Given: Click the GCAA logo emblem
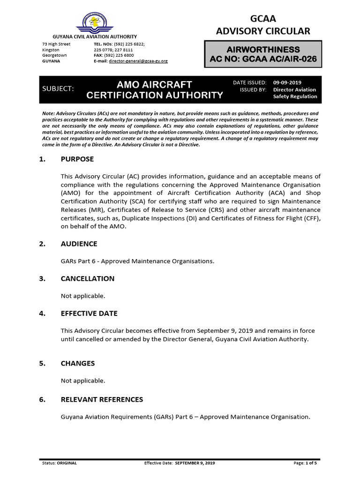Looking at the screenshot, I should pyautogui.click(x=95, y=22).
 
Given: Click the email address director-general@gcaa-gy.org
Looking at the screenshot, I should pyautogui.click(x=138, y=61).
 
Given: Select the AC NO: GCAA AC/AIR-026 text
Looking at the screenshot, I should pyautogui.click(x=263, y=59).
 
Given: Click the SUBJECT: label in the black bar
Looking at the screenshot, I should pyautogui.click(x=58, y=89).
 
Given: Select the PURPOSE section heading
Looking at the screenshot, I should pyautogui.click(x=77, y=159).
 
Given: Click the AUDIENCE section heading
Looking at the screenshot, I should pyautogui.click(x=79, y=244).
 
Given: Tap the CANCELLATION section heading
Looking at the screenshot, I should pyautogui.click(x=87, y=278).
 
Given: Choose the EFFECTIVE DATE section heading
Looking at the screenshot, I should pyautogui.click(x=89, y=313).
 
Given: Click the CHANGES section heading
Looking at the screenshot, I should pyautogui.click(x=77, y=363).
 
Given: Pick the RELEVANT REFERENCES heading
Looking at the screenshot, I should pyautogui.click(x=102, y=399).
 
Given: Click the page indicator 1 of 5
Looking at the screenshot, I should pyautogui.click(x=315, y=463).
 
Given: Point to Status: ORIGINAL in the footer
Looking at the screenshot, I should pyautogui.click(x=60, y=463).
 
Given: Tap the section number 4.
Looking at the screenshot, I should pyautogui.click(x=42, y=313).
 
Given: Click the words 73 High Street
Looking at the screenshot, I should pyautogui.click(x=56, y=44).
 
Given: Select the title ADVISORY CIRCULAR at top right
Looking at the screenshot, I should pyautogui.click(x=262, y=31).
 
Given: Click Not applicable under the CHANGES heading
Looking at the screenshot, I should pyautogui.click(x=83, y=381).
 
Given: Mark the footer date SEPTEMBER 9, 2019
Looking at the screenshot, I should pyautogui.click(x=195, y=463).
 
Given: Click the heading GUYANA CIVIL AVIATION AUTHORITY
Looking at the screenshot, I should pyautogui.click(x=94, y=37).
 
